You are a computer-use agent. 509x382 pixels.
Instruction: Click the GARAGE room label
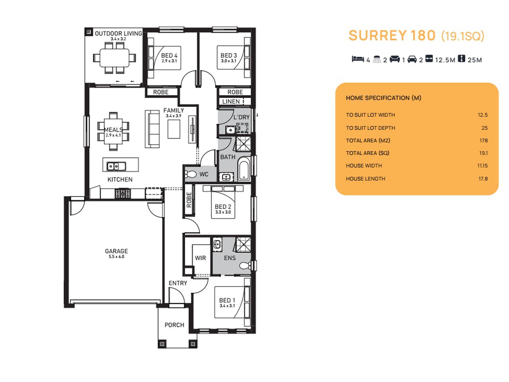pos(116,251)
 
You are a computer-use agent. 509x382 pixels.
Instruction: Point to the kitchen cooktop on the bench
pos(123,193)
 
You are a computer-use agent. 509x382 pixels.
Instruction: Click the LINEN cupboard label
pos(231,102)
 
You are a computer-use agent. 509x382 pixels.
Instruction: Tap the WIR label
pos(200,258)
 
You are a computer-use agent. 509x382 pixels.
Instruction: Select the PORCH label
pos(174,325)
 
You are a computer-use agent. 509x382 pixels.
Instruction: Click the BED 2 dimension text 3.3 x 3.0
pos(223,212)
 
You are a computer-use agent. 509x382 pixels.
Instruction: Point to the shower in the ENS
pos(243,244)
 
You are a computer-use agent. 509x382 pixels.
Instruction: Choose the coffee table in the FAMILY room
pos(174,129)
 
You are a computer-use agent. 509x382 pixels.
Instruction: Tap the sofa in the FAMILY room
pos(152,129)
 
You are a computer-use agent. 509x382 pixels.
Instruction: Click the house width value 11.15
pos(482,166)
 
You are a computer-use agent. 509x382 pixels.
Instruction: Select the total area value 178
pos(484,140)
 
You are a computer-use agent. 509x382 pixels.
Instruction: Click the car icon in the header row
pos(412,59)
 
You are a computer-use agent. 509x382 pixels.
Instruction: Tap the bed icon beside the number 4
pos(358,59)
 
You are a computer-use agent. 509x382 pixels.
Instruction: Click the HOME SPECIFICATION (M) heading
pos(383,98)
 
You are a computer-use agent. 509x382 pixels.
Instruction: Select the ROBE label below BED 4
pos(161,92)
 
